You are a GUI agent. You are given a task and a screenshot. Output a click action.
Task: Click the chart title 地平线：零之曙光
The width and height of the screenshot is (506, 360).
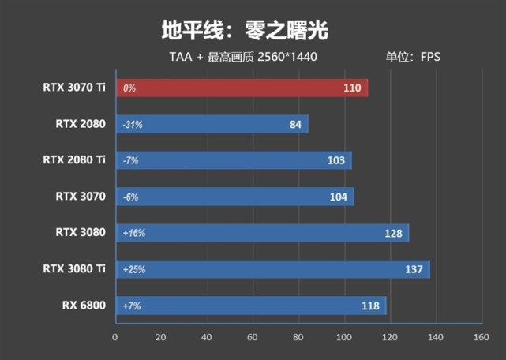coord(244,30)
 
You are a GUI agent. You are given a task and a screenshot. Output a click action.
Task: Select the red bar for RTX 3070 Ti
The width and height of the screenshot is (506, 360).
coord(242,88)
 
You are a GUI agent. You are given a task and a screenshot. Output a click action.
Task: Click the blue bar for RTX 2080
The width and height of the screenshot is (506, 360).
coord(212,124)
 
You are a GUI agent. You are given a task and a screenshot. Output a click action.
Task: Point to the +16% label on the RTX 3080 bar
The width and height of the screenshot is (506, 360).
coord(134,233)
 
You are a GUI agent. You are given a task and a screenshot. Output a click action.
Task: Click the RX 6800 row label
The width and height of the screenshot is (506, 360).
coord(83,305)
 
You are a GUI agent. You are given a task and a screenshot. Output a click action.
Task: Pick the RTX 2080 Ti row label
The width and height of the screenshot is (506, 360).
coord(74,159)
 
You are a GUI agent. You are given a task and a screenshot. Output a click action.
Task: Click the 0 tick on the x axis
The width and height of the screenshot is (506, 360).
coord(116,337)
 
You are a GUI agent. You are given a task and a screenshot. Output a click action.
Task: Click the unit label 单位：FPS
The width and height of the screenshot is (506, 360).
coord(413,57)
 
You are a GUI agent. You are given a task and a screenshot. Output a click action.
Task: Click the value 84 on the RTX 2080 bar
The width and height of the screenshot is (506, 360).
coord(296,124)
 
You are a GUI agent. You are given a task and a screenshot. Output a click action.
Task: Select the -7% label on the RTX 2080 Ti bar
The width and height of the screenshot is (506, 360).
coord(131,160)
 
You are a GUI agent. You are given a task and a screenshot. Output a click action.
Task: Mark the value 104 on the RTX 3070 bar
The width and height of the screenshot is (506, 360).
coord(338,197)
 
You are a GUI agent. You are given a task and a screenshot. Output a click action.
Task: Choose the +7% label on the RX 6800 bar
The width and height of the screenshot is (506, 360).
coord(133,306)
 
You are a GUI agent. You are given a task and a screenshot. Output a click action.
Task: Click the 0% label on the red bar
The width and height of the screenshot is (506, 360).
coord(129,88)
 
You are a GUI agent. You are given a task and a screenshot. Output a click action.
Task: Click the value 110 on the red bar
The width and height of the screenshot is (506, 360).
coord(352,88)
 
